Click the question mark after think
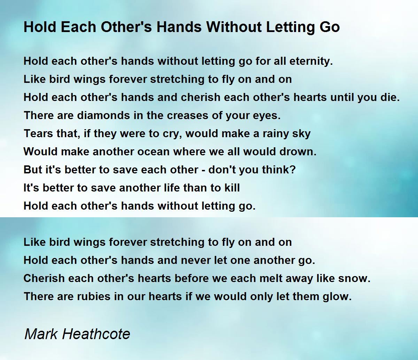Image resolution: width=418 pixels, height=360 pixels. point(293,170)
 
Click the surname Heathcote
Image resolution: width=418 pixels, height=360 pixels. point(96,334)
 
